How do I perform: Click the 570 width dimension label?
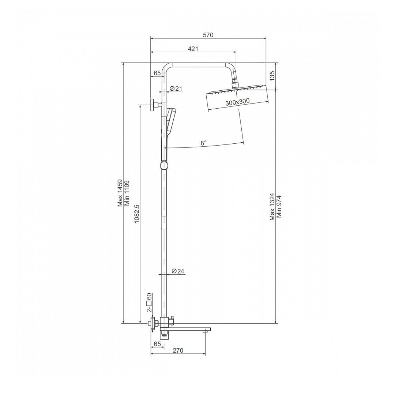[208, 35]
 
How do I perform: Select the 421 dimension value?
[193, 49]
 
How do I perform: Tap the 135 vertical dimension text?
[272, 76]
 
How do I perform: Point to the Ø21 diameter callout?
[176, 89]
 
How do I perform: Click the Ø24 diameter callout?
[178, 271]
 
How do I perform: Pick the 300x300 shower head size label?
[237, 102]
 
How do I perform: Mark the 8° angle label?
[203, 143]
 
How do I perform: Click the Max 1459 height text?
[120, 193]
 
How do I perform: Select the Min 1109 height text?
[127, 193]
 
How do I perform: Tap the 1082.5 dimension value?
[137, 214]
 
